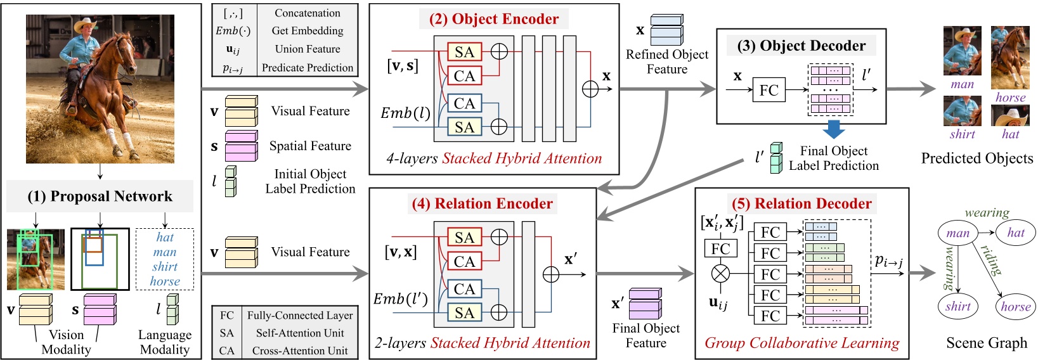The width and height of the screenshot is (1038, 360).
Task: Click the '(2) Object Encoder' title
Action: pos(494,19)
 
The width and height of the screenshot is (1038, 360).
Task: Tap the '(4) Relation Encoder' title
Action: pos(482,203)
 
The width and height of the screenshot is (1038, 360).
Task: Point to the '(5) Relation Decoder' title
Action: pos(801,203)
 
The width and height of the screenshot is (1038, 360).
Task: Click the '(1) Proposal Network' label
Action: pos(100,196)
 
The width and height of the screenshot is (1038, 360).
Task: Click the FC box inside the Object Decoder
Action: pos(769,90)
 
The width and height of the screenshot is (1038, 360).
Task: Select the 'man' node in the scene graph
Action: pos(957,233)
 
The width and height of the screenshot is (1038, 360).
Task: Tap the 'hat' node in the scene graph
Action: pos(1015,233)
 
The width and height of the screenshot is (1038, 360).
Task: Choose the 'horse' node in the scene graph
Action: pos(1015,307)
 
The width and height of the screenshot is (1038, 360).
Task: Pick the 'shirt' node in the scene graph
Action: pos(957,307)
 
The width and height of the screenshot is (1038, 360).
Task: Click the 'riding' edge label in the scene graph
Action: pos(992,260)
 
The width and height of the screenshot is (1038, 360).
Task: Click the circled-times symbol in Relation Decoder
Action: pos(720,274)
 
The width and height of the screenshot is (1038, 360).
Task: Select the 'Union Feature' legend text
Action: pos(307,49)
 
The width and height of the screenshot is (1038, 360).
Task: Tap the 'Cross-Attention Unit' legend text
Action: pos(299,350)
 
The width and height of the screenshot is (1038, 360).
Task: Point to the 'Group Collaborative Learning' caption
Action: pos(801,344)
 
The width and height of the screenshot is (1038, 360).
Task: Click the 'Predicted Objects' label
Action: pos(976,158)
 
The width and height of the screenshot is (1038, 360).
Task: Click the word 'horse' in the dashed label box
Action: pos(165,281)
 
